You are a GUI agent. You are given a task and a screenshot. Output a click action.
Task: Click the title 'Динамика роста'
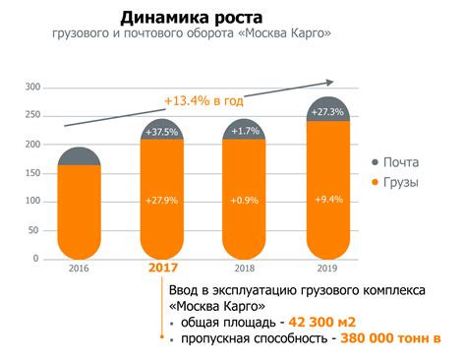[191, 17]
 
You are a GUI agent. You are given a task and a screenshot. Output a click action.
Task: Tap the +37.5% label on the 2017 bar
[161, 133]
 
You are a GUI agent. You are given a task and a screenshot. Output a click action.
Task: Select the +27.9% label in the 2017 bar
[161, 201]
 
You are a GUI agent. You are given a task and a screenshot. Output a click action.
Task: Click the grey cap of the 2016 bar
[79, 155]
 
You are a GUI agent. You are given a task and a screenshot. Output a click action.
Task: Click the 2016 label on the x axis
[79, 267]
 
